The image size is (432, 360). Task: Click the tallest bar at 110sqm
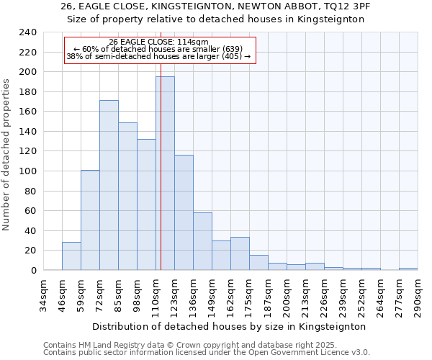[x=165, y=174]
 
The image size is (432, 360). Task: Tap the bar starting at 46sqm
[x=71, y=256]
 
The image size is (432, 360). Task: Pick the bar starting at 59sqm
[x=90, y=220]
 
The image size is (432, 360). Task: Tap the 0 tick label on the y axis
[x=32, y=271]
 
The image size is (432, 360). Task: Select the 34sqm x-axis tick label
[x=43, y=296]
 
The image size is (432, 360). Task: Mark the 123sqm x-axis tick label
[x=174, y=296]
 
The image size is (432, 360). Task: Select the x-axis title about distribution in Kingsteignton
[x=230, y=326]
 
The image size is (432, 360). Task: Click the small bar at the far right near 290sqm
[x=408, y=269]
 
